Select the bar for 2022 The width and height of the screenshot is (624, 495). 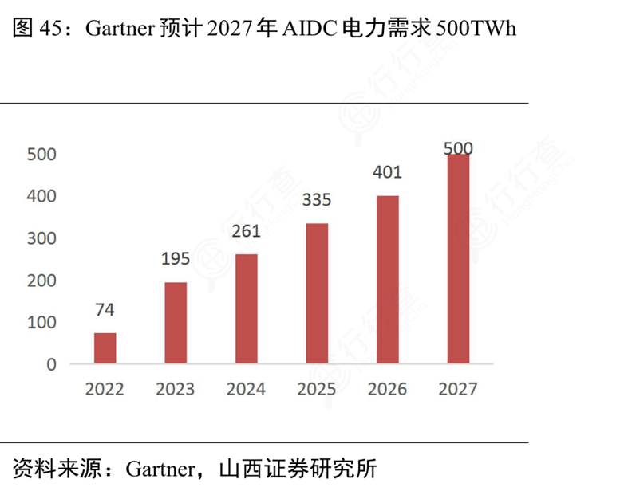click(x=105, y=348)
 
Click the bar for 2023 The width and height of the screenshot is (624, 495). click(x=176, y=323)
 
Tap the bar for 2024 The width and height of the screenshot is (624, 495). click(x=247, y=309)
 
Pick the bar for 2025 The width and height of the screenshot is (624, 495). click(x=317, y=293)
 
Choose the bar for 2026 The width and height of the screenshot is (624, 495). click(x=388, y=280)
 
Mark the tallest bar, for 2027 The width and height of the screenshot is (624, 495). click(x=458, y=259)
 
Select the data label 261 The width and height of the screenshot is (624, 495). click(x=247, y=231)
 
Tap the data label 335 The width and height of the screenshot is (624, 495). click(x=317, y=199)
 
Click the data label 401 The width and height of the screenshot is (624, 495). click(x=388, y=172)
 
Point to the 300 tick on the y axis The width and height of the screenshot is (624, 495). click(x=41, y=238)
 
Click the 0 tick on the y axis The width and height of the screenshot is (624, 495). click(x=51, y=364)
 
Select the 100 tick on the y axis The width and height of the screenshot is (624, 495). click(x=41, y=323)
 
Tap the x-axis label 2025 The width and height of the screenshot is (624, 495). click(x=317, y=389)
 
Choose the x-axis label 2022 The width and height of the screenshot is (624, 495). click(x=105, y=389)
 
